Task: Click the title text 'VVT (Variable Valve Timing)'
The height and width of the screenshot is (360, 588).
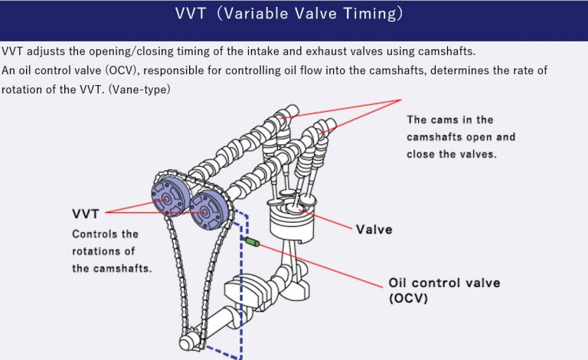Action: click(294, 15)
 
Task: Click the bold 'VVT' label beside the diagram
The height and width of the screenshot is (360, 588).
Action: click(87, 213)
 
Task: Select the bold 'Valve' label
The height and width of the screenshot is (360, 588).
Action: click(374, 229)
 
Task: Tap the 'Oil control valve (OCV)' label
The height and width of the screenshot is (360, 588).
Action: click(433, 290)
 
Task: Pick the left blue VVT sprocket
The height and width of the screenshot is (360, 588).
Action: click(167, 198)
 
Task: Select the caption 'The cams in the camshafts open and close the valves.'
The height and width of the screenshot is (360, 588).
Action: click(461, 136)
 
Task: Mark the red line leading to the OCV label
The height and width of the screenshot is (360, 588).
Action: click(322, 265)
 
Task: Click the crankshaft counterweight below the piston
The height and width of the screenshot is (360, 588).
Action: click(242, 291)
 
